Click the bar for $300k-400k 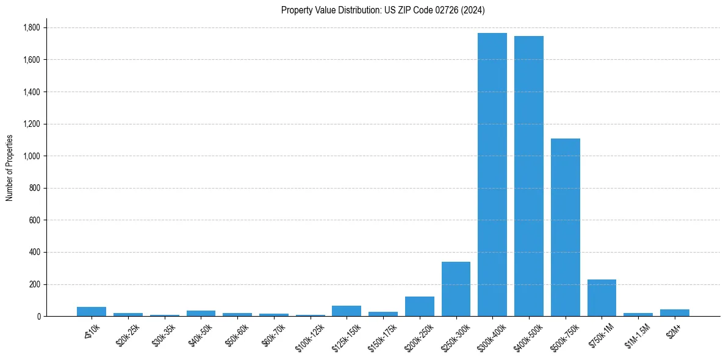[492, 175]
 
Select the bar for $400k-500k [529, 176]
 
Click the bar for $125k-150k [347, 311]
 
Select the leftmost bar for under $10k [92, 311]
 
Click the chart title [383, 10]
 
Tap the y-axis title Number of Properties [10, 167]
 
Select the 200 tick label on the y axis [35, 284]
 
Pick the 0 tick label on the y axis [38, 317]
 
